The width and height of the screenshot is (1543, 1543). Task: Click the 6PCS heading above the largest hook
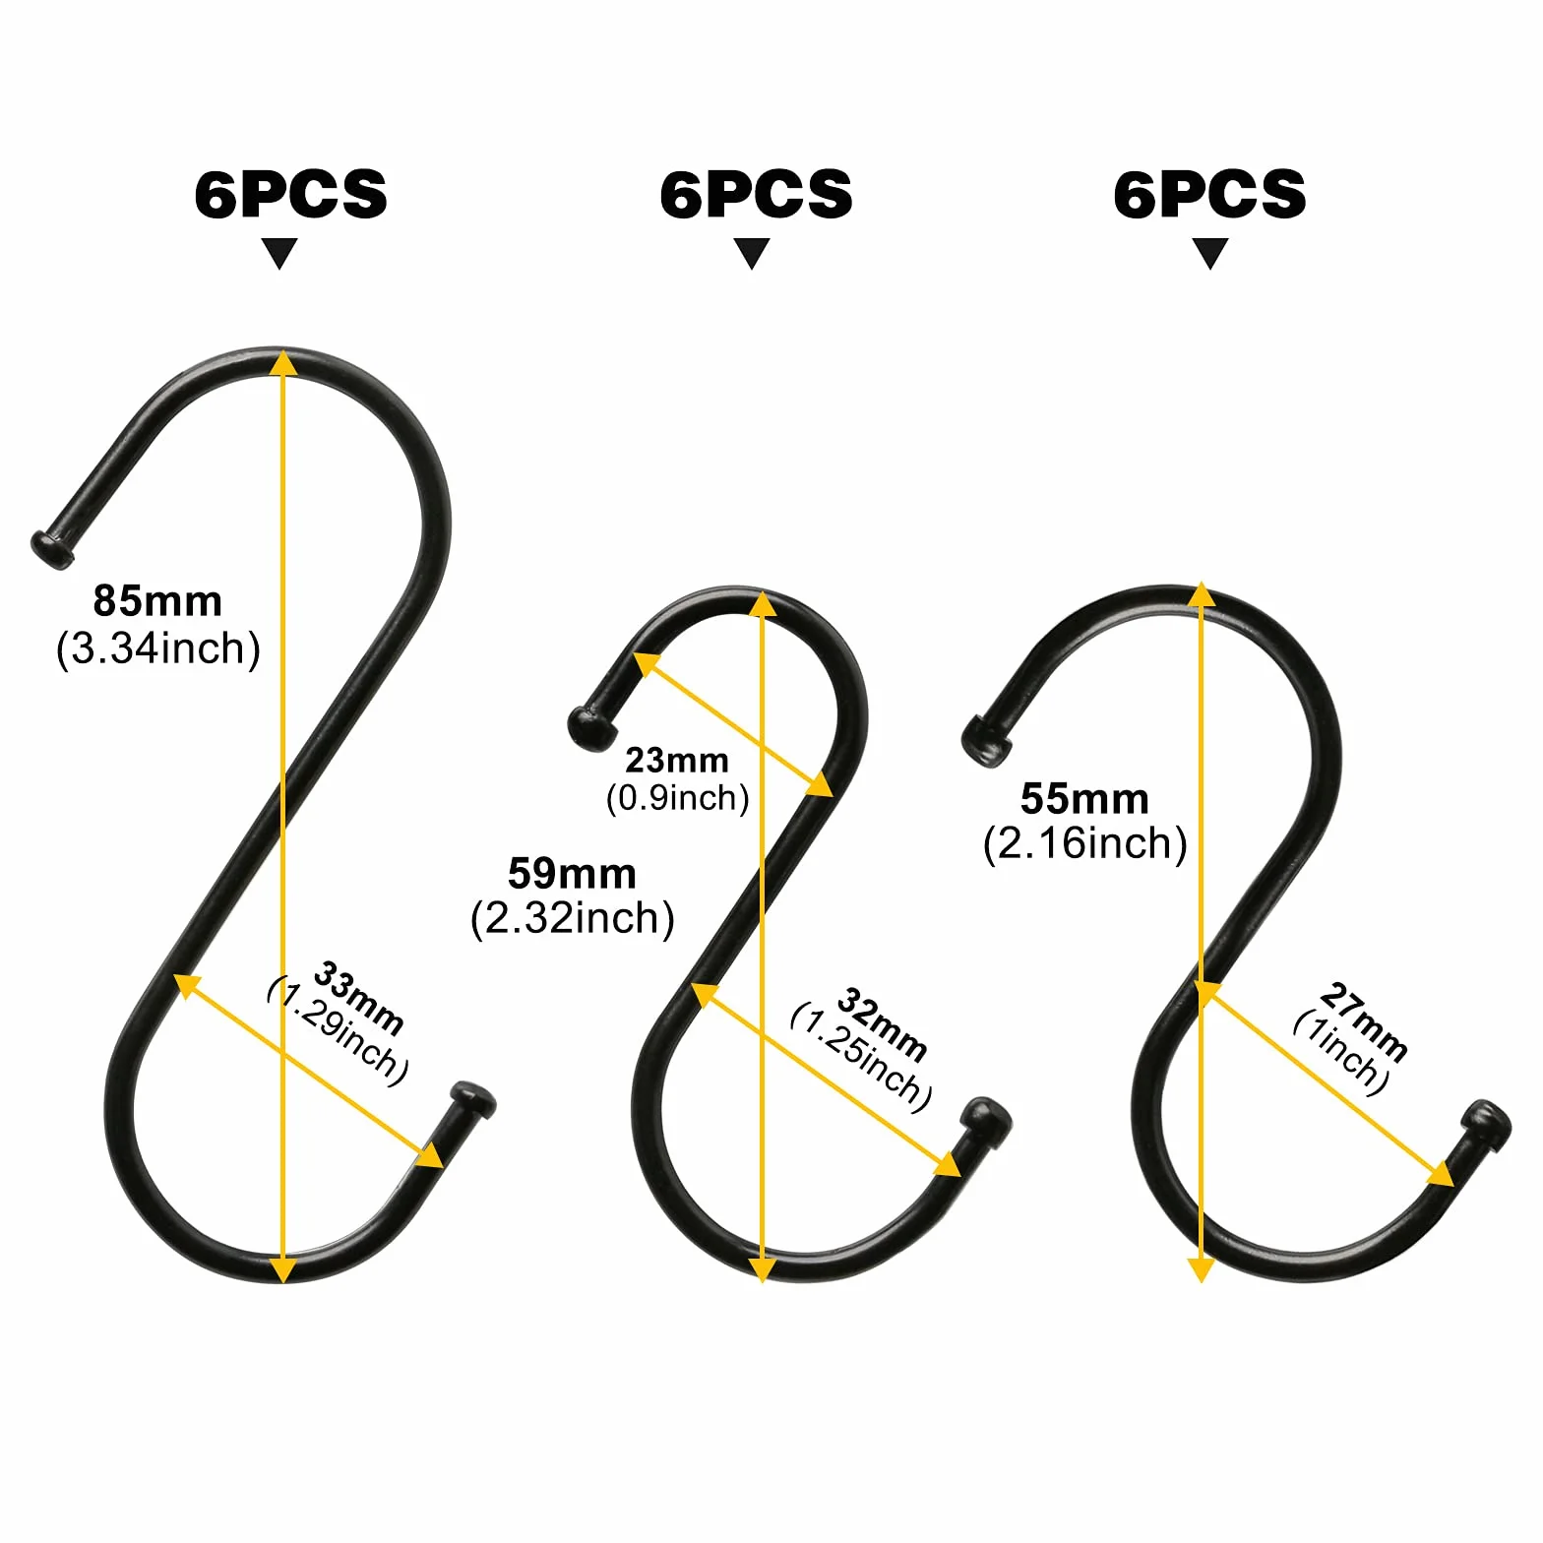(x=291, y=194)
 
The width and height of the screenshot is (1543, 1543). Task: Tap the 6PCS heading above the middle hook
(x=756, y=194)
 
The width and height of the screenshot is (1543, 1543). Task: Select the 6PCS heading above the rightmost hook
(x=1209, y=194)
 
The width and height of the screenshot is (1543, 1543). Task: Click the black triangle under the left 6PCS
(x=279, y=253)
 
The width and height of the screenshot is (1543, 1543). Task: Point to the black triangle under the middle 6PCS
(x=752, y=253)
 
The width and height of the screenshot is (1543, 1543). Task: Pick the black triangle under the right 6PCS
(x=1209, y=253)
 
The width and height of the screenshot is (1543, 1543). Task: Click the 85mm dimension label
(x=157, y=600)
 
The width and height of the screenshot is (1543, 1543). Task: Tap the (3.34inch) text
(x=158, y=648)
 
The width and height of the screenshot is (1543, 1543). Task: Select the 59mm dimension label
(x=572, y=873)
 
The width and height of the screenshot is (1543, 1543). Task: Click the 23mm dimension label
(x=677, y=760)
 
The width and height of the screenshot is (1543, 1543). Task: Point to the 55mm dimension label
(x=1084, y=798)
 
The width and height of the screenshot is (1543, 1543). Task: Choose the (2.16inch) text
(x=1085, y=843)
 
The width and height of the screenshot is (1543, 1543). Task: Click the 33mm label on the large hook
(x=358, y=999)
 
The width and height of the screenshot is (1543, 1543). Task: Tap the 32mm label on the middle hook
(x=882, y=1025)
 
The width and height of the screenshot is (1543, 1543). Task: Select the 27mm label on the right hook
(x=1363, y=1021)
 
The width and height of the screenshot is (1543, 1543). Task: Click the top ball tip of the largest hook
(x=50, y=549)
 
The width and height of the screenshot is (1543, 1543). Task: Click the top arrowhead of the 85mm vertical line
(x=282, y=362)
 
